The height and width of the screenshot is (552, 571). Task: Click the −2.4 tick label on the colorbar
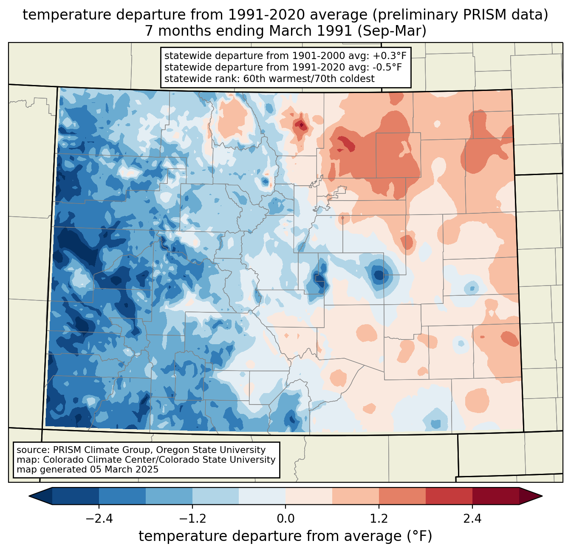[x=99, y=519]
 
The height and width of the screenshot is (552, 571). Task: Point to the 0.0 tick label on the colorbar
[x=285, y=519]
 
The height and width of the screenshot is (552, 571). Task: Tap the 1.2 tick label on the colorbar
[x=379, y=519]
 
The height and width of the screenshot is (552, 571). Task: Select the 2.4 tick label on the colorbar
[x=472, y=519]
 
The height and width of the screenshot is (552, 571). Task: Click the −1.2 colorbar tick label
[x=192, y=519]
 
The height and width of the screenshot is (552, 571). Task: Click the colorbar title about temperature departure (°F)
[x=285, y=536]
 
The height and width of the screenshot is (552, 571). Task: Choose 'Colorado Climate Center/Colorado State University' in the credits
[x=159, y=460]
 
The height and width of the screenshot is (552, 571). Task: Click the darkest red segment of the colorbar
[x=496, y=496]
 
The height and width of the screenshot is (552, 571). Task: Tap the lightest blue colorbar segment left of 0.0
[x=262, y=496]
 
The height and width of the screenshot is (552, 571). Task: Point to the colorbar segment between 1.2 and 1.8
[x=402, y=496]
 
